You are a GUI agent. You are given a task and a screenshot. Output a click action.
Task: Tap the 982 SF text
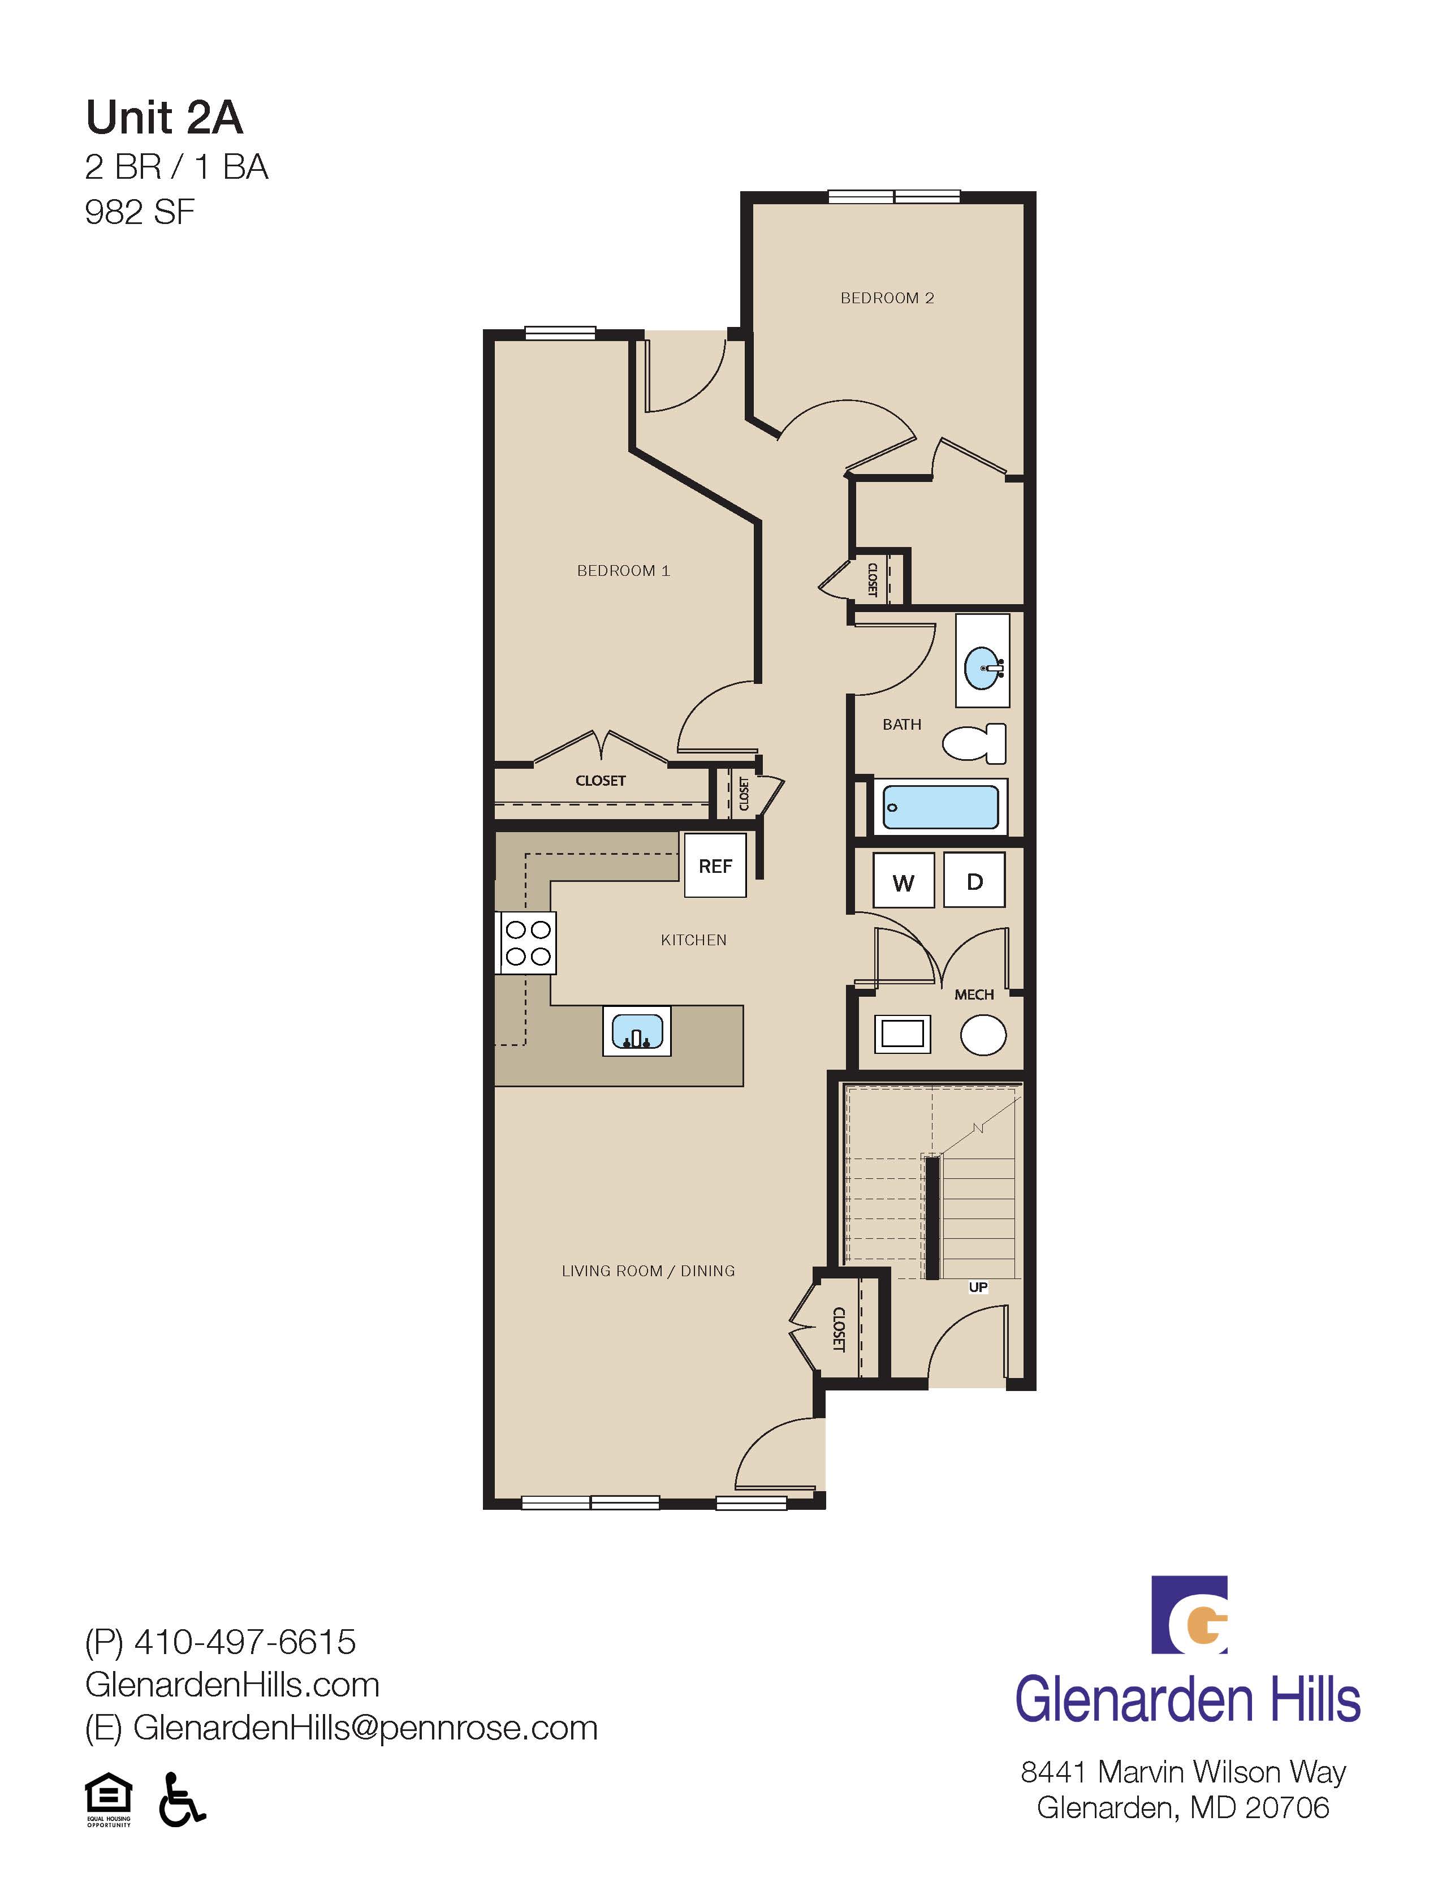tap(140, 212)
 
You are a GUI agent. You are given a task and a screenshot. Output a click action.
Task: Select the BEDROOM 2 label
tap(887, 298)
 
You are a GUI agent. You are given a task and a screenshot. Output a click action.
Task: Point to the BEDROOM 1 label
tap(623, 571)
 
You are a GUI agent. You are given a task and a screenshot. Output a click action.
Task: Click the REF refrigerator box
tap(715, 866)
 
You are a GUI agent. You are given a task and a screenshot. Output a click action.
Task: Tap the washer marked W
tap(903, 881)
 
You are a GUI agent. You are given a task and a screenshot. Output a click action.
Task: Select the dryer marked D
tap(974, 881)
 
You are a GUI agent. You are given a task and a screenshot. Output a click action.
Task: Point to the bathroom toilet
tap(975, 743)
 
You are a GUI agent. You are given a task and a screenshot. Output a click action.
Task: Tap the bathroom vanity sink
tap(983, 666)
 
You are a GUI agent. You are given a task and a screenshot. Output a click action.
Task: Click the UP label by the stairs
tap(978, 1287)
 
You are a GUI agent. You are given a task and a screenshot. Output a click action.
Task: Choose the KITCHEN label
tap(693, 940)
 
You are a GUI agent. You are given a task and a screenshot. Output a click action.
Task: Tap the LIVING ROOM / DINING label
tap(648, 1271)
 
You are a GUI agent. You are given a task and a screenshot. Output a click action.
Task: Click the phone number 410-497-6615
tap(245, 1642)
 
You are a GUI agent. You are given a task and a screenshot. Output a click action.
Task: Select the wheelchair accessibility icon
tap(182, 1799)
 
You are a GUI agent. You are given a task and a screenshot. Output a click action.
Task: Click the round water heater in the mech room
tap(983, 1035)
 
